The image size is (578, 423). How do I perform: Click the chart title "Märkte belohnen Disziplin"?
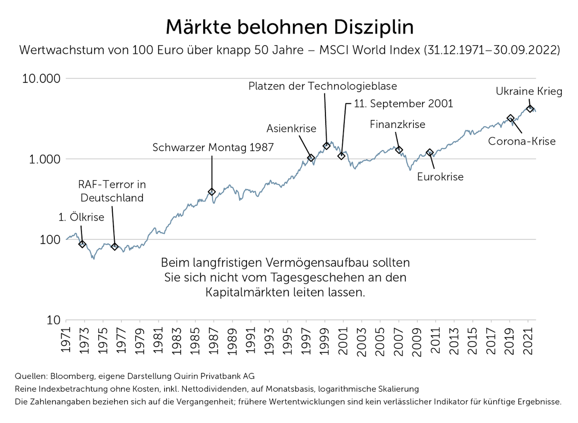pos(289,27)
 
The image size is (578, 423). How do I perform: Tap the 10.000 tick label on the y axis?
pos(41,79)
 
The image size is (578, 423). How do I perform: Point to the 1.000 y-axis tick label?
pos(45,159)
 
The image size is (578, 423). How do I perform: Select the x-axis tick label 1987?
pos(214,341)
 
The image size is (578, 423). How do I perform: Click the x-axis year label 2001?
pos(343,341)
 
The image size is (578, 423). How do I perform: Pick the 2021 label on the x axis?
pos(528,341)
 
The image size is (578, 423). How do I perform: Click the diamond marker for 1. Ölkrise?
pos(82,244)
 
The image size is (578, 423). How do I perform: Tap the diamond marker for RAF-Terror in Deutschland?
pos(115,247)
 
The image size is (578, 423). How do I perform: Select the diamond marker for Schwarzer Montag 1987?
pos(212,192)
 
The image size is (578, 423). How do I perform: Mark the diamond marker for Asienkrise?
pos(311,158)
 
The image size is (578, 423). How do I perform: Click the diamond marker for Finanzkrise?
pos(399,150)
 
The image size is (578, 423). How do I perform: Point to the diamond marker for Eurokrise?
pos(430,152)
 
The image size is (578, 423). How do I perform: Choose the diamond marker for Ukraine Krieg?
pos(530,108)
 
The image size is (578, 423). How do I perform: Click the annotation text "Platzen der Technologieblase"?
pos(323,86)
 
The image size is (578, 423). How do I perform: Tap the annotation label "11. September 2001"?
pos(403,104)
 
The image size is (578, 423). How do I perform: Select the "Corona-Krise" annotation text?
pos(522,141)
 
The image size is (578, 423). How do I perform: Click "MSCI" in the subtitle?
pos(334,50)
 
